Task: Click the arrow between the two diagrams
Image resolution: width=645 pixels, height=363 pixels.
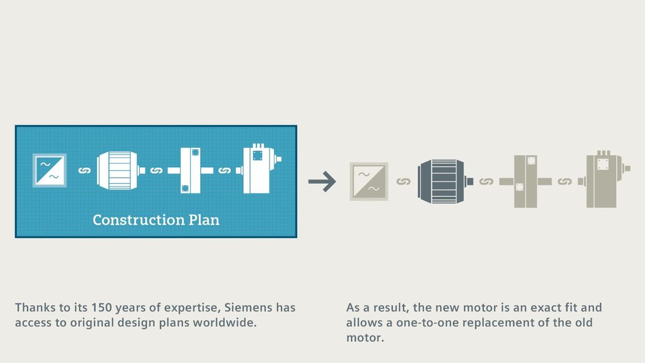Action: tap(322, 181)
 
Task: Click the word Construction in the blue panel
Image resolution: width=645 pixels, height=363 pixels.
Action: tap(139, 220)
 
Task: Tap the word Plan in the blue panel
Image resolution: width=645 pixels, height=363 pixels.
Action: tap(204, 220)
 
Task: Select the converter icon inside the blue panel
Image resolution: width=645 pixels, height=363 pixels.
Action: tap(49, 170)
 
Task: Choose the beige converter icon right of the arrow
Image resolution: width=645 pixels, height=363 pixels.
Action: tap(369, 181)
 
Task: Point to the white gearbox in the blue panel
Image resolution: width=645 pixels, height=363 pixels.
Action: tap(190, 170)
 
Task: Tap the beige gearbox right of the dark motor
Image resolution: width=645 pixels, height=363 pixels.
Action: tap(526, 181)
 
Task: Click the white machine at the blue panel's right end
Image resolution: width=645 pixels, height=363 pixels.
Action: tap(259, 169)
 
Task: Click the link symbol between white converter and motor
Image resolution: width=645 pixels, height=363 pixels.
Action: tap(84, 170)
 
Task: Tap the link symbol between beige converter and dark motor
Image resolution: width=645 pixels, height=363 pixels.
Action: tap(404, 181)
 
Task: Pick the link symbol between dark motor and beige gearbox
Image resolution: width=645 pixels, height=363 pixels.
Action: tap(486, 181)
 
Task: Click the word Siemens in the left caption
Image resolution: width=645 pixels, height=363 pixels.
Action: tap(248, 307)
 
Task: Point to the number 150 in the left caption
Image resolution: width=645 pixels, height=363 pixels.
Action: tap(101, 307)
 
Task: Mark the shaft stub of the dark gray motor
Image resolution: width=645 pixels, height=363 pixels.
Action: tap(470, 181)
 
